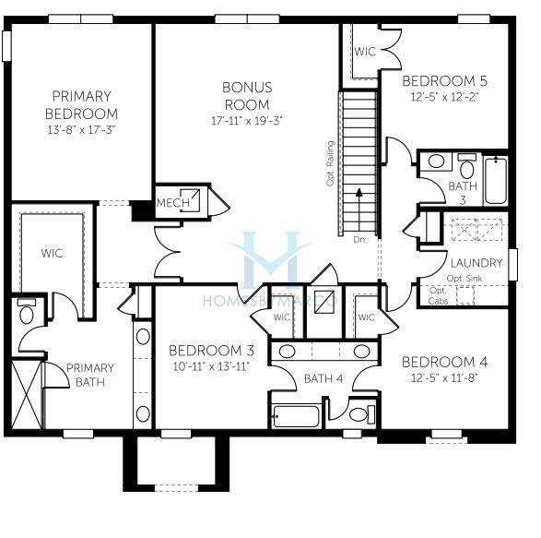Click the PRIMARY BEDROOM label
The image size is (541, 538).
tap(81, 104)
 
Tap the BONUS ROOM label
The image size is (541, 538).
tap(247, 96)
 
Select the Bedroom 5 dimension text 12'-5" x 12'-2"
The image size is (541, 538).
tap(445, 97)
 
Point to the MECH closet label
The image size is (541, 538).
tap(173, 202)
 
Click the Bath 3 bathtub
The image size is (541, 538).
tap(496, 180)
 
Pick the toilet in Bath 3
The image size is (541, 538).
tap(467, 166)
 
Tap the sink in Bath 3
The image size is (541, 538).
tap(437, 161)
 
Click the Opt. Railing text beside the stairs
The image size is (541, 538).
tap(331, 163)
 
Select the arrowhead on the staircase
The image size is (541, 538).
tap(359, 193)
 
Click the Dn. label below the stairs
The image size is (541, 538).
tap(359, 239)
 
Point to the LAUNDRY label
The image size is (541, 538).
tap(476, 263)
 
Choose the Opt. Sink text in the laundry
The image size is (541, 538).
tap(465, 278)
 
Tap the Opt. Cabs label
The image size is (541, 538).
tap(438, 295)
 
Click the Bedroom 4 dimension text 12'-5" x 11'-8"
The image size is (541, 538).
tap(445, 378)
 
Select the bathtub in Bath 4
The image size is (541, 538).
tap(296, 416)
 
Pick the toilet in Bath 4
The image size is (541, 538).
tap(362, 414)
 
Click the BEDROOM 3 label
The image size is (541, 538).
tap(211, 351)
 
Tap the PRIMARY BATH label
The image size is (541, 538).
tap(90, 376)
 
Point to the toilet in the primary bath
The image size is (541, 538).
tap(26, 311)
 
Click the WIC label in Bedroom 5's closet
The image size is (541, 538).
tap(365, 52)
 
